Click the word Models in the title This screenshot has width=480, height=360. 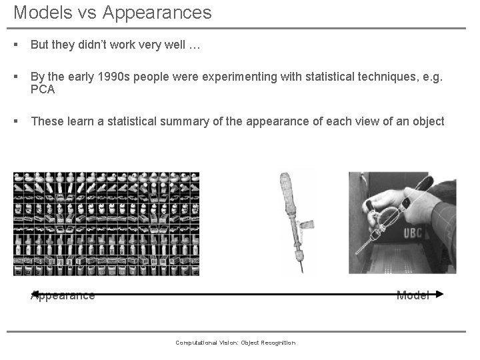[x=41, y=12]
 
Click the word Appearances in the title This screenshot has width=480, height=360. [x=155, y=12]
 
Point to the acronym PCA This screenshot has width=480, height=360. [x=43, y=89]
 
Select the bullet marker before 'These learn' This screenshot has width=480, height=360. [x=15, y=121]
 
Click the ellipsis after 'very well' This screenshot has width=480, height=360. [x=194, y=46]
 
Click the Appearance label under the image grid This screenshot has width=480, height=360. [x=63, y=295]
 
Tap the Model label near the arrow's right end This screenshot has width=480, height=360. [x=413, y=295]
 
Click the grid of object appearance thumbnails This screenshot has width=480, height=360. [x=106, y=223]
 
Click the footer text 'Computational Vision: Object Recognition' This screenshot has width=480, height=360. [x=235, y=343]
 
